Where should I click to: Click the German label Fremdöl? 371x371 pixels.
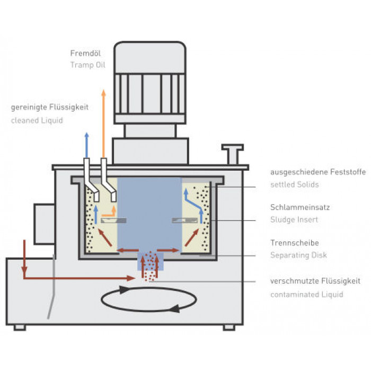[85, 53]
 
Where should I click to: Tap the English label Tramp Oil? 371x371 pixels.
[88, 65]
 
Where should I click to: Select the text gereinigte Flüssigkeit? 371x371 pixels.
[50, 107]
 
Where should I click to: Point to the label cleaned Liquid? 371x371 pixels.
[37, 120]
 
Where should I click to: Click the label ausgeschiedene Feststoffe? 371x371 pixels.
[318, 172]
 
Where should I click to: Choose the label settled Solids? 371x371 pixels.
[295, 184]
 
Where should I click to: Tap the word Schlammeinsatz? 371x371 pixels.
[300, 207]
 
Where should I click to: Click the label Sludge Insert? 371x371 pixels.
[294, 219]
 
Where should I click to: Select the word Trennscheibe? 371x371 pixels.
[295, 243]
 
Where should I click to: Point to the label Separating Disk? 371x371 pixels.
[298, 255]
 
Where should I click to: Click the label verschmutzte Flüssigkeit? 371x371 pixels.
[315, 281]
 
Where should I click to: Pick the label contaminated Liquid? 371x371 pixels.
[307, 294]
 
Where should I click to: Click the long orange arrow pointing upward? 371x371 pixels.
[103, 123]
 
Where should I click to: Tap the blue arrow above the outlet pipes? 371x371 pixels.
[86, 145]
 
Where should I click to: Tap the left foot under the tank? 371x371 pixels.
[20, 327]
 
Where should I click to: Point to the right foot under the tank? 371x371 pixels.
[229, 327]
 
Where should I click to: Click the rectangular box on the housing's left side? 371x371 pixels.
[45, 224]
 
